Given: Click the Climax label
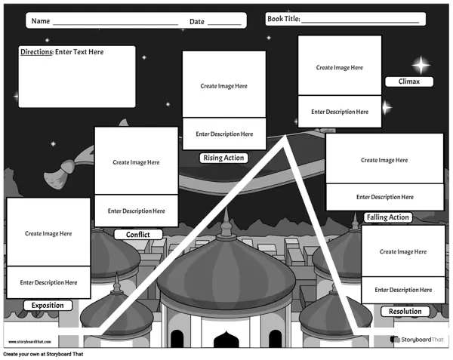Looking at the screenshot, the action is (x=409, y=82).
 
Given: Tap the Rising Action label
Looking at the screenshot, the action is (x=224, y=158).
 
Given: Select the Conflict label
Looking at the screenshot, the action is (x=138, y=235).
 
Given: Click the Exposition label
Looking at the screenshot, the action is (x=48, y=305).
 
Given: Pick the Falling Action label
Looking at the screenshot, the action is (x=388, y=217).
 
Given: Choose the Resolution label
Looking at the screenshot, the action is (x=405, y=311).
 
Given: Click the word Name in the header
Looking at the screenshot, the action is (x=41, y=21).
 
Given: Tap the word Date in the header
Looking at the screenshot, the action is (x=197, y=22).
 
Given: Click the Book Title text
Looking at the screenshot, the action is (x=284, y=19).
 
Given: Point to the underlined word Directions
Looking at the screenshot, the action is (x=36, y=52).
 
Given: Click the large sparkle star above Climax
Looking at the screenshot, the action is (x=421, y=65).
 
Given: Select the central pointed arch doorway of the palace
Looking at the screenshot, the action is (x=226, y=340).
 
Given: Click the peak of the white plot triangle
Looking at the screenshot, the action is (x=285, y=136).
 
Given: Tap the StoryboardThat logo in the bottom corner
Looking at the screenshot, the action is (x=417, y=340).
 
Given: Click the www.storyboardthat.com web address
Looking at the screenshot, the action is (x=29, y=342).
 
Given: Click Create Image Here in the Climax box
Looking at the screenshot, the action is (x=340, y=68).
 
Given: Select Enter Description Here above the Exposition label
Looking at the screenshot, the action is (x=48, y=282).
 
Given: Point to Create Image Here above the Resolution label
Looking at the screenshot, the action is (x=403, y=252).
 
